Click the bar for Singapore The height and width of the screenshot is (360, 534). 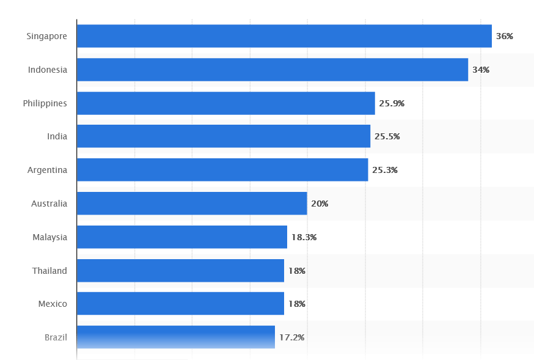click(x=284, y=36)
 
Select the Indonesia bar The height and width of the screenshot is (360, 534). click(x=272, y=70)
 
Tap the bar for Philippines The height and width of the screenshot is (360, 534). click(x=225, y=103)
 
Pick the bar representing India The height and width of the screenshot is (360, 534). click(x=224, y=136)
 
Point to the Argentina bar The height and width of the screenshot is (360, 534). click(x=222, y=170)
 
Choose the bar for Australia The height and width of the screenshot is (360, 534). click(x=192, y=204)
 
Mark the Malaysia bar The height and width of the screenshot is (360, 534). click(x=182, y=237)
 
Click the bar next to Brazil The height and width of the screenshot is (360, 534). click(x=176, y=337)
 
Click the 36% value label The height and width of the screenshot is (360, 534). click(x=504, y=36)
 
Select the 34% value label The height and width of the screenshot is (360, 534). click(x=481, y=70)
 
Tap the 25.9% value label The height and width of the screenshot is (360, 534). click(x=392, y=103)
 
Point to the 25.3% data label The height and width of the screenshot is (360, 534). click(x=385, y=170)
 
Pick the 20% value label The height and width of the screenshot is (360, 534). click(x=320, y=204)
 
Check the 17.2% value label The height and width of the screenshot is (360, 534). click(x=291, y=337)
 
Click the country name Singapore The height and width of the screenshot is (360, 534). click(x=47, y=36)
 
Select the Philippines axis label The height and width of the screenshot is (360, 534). click(x=45, y=103)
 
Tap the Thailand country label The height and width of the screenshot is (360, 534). click(x=49, y=271)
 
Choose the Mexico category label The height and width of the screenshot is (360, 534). click(x=53, y=304)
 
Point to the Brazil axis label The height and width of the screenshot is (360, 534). click(x=56, y=337)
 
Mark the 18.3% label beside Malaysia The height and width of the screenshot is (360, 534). click(x=304, y=237)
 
